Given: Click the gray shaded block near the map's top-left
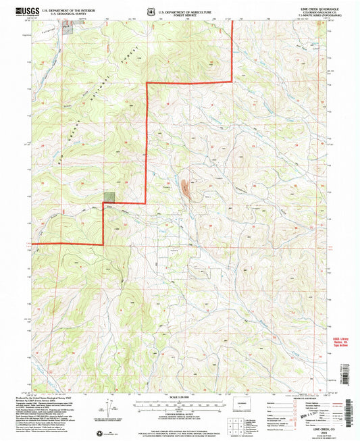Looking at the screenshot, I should coord(66,26).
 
